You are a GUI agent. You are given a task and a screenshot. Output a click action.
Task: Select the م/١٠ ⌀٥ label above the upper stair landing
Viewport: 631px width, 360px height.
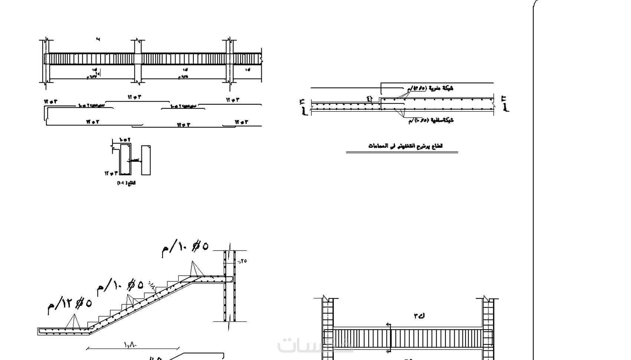click(x=185, y=248)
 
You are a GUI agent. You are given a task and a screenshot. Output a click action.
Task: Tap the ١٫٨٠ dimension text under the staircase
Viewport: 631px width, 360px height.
click(x=131, y=345)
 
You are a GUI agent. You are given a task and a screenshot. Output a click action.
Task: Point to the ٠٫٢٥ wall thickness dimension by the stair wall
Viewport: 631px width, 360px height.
click(x=242, y=261)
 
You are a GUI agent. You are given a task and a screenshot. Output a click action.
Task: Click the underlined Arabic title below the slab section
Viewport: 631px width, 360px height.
click(x=405, y=146)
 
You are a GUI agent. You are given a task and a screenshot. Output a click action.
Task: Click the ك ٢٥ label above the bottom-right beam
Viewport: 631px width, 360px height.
click(x=419, y=316)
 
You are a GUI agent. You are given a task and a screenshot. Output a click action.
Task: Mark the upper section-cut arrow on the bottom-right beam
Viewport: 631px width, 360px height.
click(x=389, y=325)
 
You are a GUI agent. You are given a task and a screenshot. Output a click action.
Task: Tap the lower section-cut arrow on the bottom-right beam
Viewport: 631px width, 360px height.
click(x=389, y=350)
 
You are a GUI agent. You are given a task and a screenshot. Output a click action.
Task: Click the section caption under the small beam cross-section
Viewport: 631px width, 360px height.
click(x=126, y=183)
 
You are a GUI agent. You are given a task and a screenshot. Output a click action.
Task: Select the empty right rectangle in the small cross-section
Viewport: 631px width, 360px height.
click(x=146, y=160)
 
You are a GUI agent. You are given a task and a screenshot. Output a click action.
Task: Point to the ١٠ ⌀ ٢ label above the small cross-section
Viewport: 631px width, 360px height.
click(x=125, y=140)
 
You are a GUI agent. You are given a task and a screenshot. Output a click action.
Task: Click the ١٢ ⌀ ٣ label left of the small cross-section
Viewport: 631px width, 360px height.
click(x=111, y=173)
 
